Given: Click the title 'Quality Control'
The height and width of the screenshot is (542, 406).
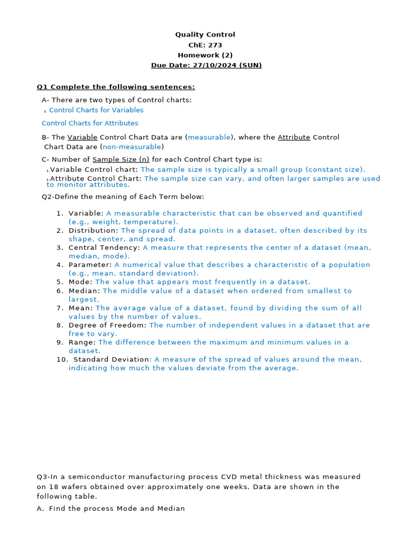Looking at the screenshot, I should (205, 34).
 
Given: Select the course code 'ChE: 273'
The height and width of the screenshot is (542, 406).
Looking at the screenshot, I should (205, 45).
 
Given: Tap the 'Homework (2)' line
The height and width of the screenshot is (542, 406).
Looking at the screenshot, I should (205, 55).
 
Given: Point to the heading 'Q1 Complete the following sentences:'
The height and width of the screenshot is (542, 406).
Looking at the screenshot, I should (116, 87).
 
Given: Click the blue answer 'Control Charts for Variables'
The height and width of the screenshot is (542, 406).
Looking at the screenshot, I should (96, 110).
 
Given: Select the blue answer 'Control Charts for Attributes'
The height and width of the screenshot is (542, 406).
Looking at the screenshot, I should (90, 123).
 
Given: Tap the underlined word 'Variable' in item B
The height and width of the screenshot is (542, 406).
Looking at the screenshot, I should (82, 137).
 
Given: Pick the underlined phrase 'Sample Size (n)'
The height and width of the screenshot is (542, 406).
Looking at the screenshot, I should (121, 159).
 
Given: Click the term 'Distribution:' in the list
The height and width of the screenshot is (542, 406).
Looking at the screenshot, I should (94, 230).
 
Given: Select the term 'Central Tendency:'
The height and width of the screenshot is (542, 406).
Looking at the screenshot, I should (104, 248).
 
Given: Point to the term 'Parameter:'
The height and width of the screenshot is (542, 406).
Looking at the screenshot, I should (90, 265).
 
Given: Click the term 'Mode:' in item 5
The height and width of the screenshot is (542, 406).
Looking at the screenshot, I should (80, 282).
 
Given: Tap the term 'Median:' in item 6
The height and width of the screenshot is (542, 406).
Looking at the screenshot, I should (84, 291).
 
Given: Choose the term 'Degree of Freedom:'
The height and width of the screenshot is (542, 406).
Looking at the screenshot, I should (108, 325).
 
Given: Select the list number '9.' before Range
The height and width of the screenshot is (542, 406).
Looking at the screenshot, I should (60, 342).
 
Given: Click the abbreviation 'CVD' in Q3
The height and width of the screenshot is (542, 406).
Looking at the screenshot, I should (230, 477).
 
